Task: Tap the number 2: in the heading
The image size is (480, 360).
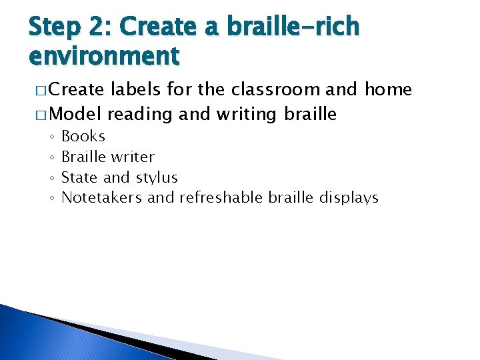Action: point(107,28)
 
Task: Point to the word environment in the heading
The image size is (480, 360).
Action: point(104,55)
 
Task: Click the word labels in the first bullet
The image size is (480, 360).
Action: point(133,90)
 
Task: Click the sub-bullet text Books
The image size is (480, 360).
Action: point(83,137)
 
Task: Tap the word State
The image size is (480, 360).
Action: point(80,178)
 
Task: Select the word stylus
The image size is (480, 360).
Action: point(157,178)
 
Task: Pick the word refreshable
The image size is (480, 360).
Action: point(222,198)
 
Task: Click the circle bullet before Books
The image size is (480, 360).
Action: point(51,137)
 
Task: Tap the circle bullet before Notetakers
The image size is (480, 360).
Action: point(51,199)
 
